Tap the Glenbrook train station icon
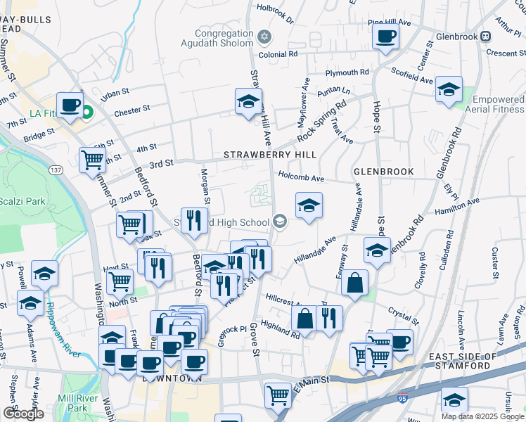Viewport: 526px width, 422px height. (485, 37)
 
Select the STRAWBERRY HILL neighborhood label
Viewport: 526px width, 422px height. (269, 154)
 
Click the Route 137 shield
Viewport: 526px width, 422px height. (56, 170)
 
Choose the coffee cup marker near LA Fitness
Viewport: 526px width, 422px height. (70, 105)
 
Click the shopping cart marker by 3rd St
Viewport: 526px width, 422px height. (92, 160)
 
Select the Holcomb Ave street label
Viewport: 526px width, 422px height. (300, 179)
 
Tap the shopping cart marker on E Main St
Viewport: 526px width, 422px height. (278, 395)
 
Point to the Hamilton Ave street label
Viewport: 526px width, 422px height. (456, 205)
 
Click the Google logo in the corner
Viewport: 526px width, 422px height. (23, 414)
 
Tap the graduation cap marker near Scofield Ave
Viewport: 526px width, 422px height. (449, 89)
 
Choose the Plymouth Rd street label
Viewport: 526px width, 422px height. (347, 72)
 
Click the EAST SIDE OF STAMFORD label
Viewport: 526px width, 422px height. (469, 361)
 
